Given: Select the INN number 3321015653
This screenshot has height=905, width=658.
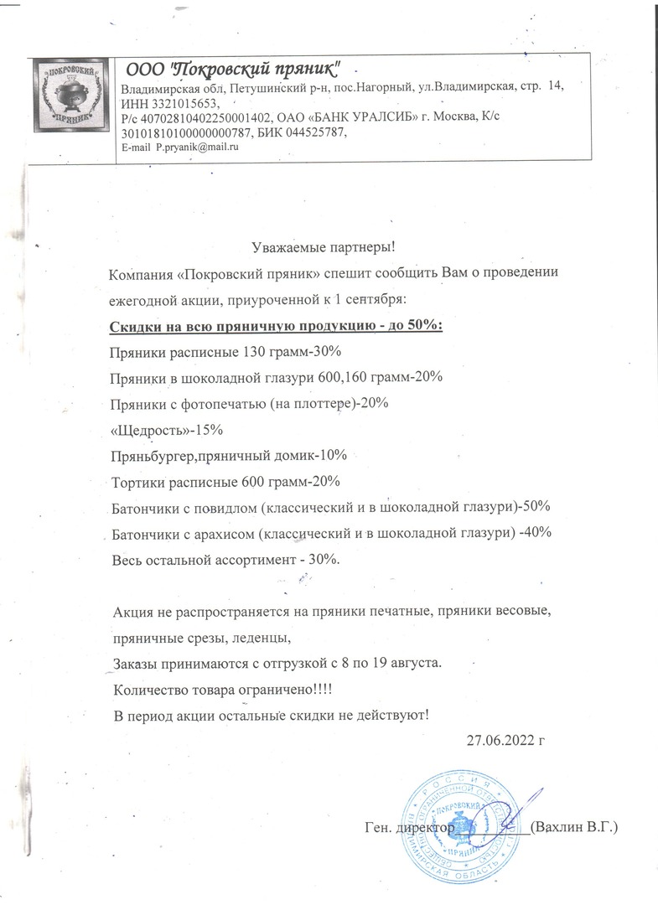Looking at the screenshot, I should coord(186,103).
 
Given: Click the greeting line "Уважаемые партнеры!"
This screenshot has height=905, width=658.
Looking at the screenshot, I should coord(322,248).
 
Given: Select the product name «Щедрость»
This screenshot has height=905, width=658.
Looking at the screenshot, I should coord(145,430).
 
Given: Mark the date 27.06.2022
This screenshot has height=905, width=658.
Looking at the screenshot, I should coord(499,740).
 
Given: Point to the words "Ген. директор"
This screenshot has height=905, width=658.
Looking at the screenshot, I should coord(409,828).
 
